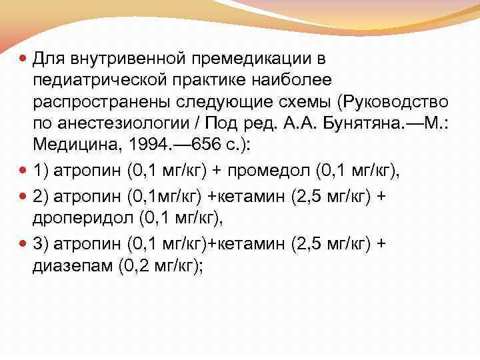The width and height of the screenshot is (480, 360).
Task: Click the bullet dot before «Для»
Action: click(23, 59)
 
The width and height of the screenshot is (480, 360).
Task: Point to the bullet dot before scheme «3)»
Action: click(23, 245)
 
